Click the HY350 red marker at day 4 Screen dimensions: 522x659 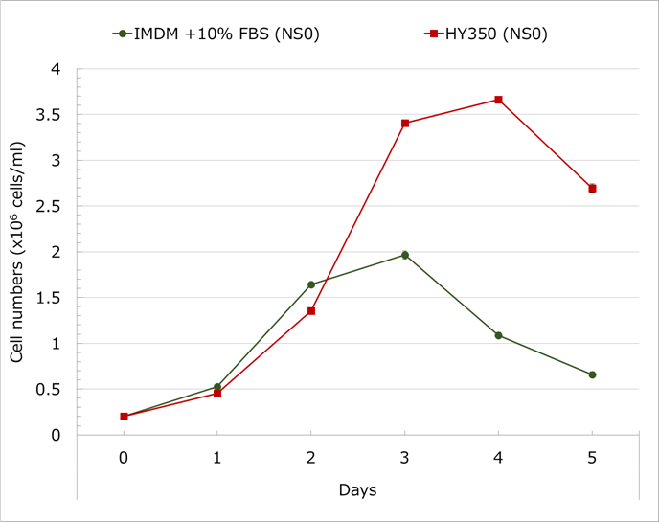(499, 100)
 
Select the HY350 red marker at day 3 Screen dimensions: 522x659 (405, 123)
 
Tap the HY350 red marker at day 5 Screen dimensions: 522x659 (592, 188)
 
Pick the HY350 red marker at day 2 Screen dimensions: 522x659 (311, 310)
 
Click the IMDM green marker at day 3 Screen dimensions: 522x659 (405, 255)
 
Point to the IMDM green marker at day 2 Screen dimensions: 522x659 (311, 284)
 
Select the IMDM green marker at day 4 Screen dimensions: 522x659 (499, 335)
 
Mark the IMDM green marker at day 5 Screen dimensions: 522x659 (592, 374)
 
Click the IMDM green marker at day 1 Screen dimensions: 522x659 (217, 387)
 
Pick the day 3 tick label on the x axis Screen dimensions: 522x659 (405, 459)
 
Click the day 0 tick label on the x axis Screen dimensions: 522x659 (124, 459)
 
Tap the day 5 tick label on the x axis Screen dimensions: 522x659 (592, 459)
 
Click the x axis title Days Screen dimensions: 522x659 (357, 490)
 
